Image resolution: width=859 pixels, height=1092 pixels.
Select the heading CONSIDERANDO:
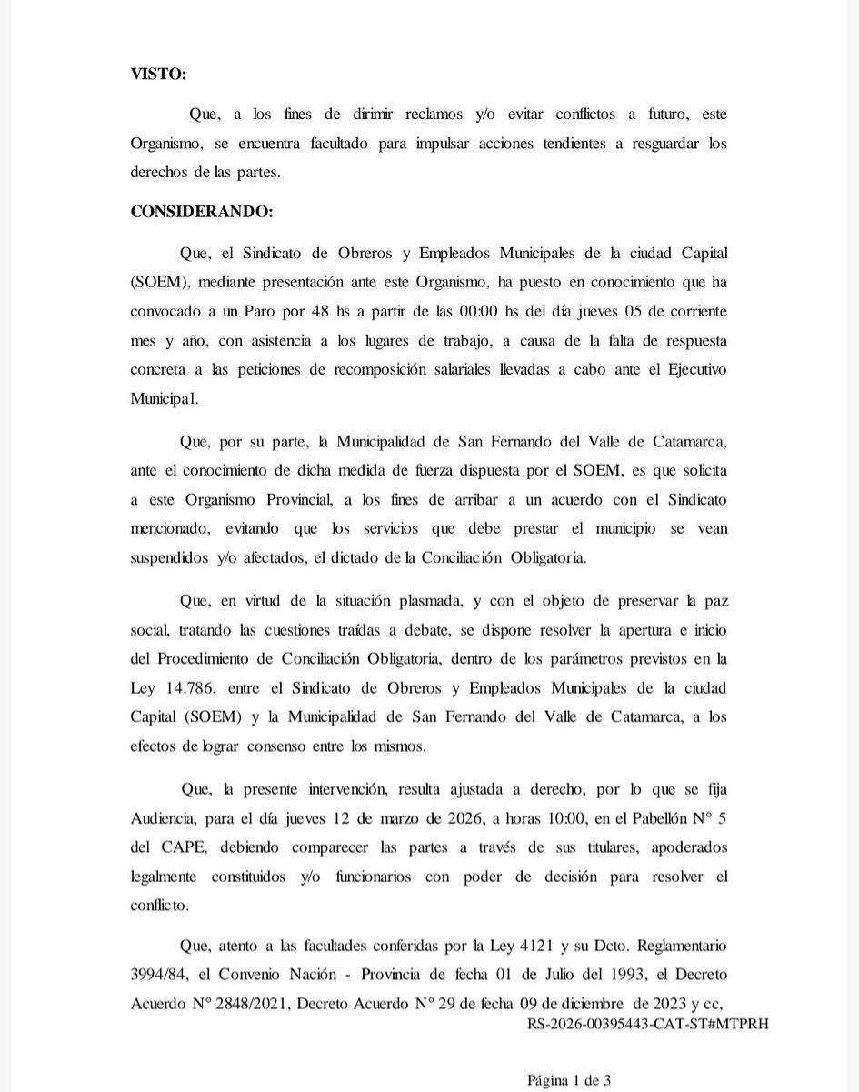201,211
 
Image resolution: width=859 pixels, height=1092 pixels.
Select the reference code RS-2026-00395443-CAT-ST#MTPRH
647,1023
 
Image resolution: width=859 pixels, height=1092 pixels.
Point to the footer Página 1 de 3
569,1080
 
